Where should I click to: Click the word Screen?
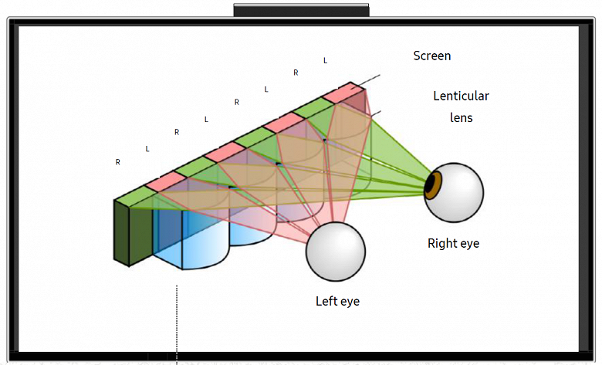(431, 56)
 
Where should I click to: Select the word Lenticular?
(461, 96)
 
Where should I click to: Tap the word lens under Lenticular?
(461, 117)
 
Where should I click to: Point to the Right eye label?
(453, 243)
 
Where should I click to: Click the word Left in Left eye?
(326, 301)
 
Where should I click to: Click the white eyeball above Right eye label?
(458, 192)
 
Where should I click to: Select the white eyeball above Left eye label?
(335, 251)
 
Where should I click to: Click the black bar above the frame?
(301, 10)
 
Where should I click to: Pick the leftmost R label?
(117, 162)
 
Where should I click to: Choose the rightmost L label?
(325, 60)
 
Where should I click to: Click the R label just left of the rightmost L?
(296, 73)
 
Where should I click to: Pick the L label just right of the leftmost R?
(147, 148)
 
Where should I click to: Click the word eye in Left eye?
(350, 301)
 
